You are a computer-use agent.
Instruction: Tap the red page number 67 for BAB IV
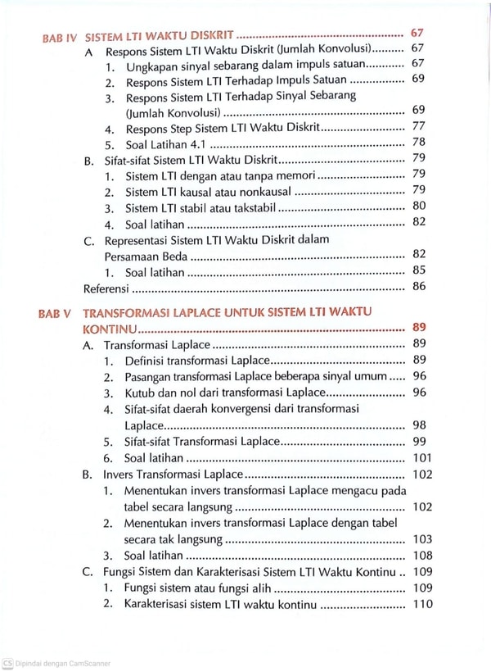(417, 34)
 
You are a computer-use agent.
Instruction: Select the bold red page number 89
(417, 328)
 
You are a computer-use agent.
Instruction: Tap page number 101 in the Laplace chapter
(418, 458)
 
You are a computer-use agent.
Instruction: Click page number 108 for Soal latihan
(418, 555)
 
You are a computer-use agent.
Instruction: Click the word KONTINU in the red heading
(110, 329)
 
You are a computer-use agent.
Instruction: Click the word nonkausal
(266, 191)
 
